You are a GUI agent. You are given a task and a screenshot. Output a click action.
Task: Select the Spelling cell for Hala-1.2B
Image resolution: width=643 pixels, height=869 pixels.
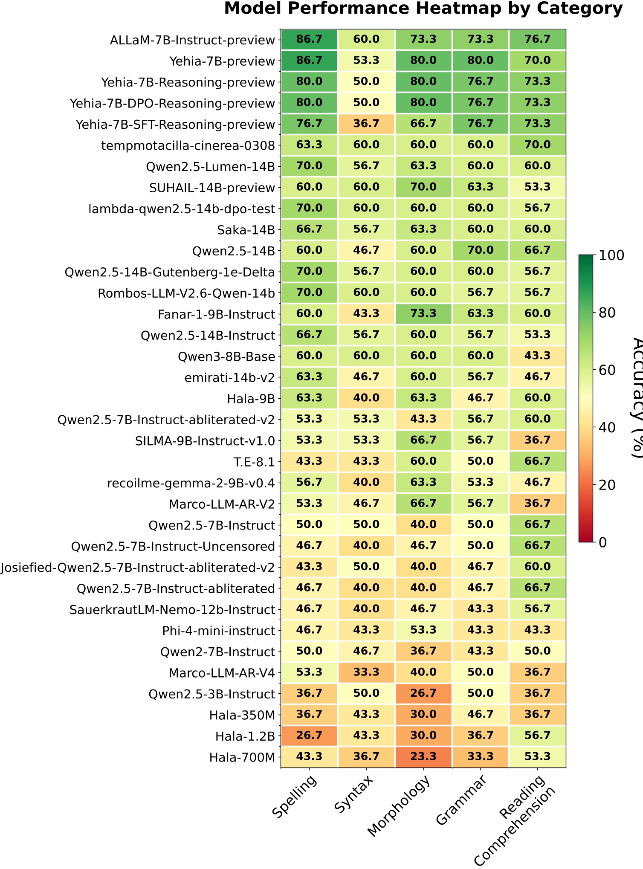pyautogui.click(x=309, y=735)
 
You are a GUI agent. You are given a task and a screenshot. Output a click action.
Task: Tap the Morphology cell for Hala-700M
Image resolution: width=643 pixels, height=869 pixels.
pyautogui.click(x=423, y=756)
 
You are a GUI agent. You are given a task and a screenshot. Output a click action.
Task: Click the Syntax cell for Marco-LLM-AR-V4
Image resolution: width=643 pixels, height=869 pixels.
pyautogui.click(x=366, y=672)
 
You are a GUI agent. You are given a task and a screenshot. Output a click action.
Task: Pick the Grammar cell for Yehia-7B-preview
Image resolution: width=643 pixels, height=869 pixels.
pyautogui.click(x=480, y=60)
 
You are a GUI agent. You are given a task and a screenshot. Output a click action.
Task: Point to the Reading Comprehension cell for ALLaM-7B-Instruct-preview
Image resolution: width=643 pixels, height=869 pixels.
pyautogui.click(x=537, y=39)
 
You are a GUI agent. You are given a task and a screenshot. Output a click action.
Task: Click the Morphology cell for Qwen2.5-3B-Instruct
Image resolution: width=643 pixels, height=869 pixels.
pyautogui.click(x=423, y=693)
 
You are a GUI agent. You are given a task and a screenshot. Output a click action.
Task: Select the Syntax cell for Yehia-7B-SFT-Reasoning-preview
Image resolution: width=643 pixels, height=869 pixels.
pyautogui.click(x=366, y=124)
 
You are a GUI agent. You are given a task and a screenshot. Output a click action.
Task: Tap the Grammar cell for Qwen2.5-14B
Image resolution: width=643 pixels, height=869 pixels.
pyautogui.click(x=480, y=250)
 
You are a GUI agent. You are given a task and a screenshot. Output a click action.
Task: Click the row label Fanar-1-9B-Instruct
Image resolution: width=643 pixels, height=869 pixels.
pyautogui.click(x=216, y=315)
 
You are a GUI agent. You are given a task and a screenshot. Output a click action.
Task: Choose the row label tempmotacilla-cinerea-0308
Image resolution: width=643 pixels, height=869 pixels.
pyautogui.click(x=188, y=146)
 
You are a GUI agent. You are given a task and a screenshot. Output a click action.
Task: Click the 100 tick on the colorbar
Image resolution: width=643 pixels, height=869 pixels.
pyautogui.click(x=611, y=255)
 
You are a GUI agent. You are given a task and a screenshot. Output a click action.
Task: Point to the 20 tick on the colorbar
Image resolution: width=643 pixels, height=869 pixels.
pyautogui.click(x=607, y=485)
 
